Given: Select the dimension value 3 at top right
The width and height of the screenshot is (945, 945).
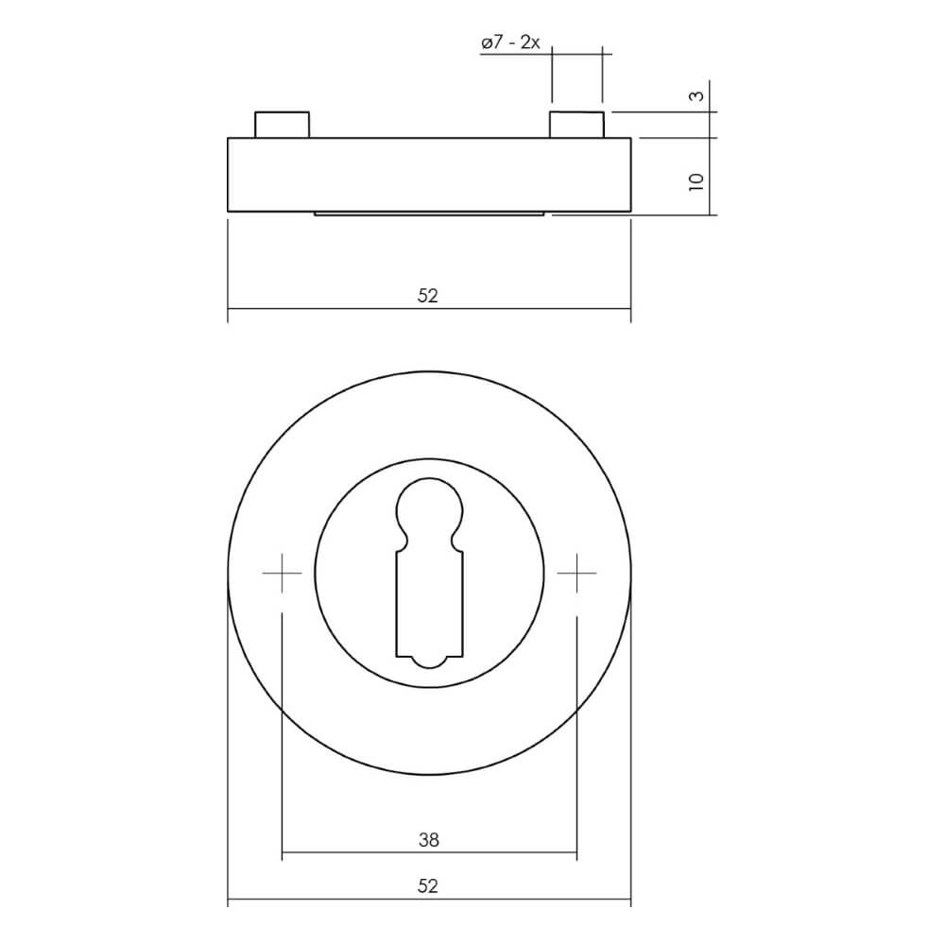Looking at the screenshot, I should click(696, 96).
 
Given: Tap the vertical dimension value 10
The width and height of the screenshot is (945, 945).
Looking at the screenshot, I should click(696, 180).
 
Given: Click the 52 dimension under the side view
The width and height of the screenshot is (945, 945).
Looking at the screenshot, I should click(428, 296).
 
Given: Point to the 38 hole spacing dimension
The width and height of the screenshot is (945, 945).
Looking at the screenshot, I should click(428, 839).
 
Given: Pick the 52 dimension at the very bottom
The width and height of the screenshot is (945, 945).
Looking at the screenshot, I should click(428, 886).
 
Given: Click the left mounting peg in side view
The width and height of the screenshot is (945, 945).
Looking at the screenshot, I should click(282, 125).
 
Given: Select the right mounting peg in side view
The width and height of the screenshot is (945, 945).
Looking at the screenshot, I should click(576, 125).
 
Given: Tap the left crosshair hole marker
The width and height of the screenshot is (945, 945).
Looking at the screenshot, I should click(282, 573).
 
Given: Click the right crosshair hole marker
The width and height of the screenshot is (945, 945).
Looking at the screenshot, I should click(576, 573).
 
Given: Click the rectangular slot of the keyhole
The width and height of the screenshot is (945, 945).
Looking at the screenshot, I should click(429, 605).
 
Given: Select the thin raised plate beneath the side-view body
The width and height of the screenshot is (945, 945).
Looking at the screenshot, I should click(429, 215).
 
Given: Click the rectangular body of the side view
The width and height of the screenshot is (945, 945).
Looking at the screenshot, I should click(429, 175).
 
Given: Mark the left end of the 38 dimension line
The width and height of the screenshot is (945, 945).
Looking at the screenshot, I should click(283, 854).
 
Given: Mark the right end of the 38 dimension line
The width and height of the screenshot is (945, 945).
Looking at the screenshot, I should click(576, 854).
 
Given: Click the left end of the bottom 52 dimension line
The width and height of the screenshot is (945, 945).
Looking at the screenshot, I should click(229, 902).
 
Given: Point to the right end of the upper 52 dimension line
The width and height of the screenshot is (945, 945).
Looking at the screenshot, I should click(630, 309).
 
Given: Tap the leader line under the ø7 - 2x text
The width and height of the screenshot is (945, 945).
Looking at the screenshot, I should click(515, 55).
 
